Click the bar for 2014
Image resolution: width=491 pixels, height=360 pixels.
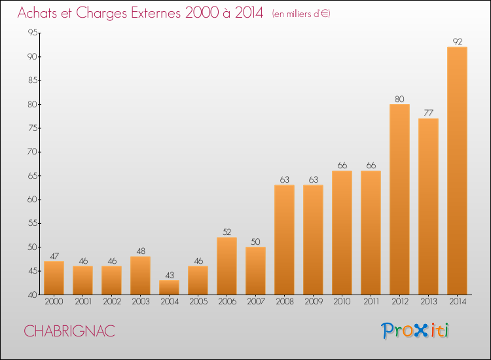coord(457,171)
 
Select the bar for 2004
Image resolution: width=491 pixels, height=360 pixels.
coord(169,287)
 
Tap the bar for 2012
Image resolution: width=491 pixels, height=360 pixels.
coord(399,200)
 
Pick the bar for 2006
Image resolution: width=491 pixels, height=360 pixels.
coord(227,266)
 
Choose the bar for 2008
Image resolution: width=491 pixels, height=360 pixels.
coord(284,240)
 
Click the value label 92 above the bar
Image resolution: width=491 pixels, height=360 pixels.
coord(458,42)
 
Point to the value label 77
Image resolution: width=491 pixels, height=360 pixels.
coord(428,113)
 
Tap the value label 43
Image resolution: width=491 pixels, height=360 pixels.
coord(170,275)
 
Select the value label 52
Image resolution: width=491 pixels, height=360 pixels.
coord(227,232)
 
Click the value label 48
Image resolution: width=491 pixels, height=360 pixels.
coord(141,251)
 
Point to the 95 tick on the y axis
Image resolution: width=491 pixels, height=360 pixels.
coord(33,32)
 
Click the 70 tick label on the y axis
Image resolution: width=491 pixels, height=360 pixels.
coord(33,152)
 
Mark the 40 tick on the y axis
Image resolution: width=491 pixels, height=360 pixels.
coord(33,295)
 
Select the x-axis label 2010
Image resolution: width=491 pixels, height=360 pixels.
coord(342,302)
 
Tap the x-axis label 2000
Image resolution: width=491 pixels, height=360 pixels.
coord(54,302)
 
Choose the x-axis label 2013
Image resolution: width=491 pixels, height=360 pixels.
coord(428,302)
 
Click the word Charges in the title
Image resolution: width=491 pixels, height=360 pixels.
coord(101,13)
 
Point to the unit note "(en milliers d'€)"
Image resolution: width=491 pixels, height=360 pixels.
coord(301,14)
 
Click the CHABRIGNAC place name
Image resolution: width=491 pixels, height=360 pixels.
coord(69,331)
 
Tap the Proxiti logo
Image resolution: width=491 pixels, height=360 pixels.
coord(415,331)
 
